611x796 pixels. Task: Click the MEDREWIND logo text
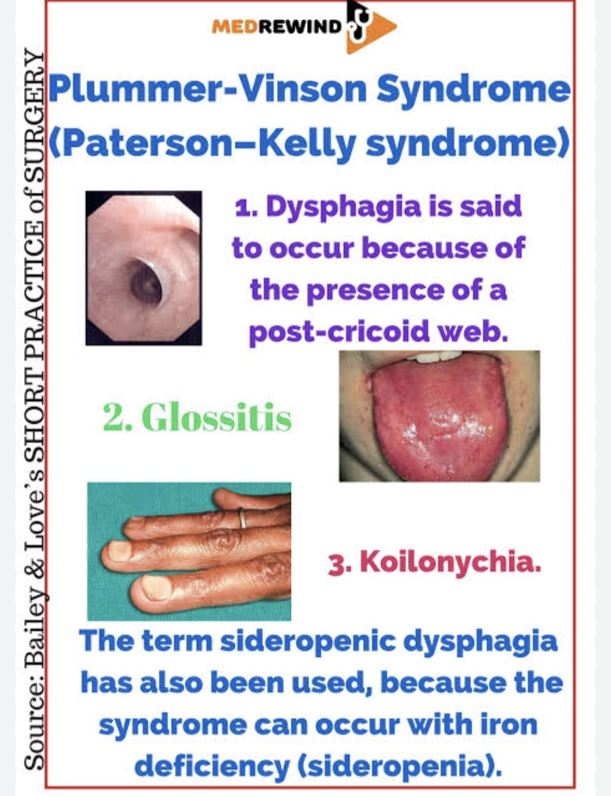[x=277, y=27]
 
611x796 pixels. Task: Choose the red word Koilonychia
[x=449, y=562]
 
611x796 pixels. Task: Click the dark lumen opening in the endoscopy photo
[x=146, y=281]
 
